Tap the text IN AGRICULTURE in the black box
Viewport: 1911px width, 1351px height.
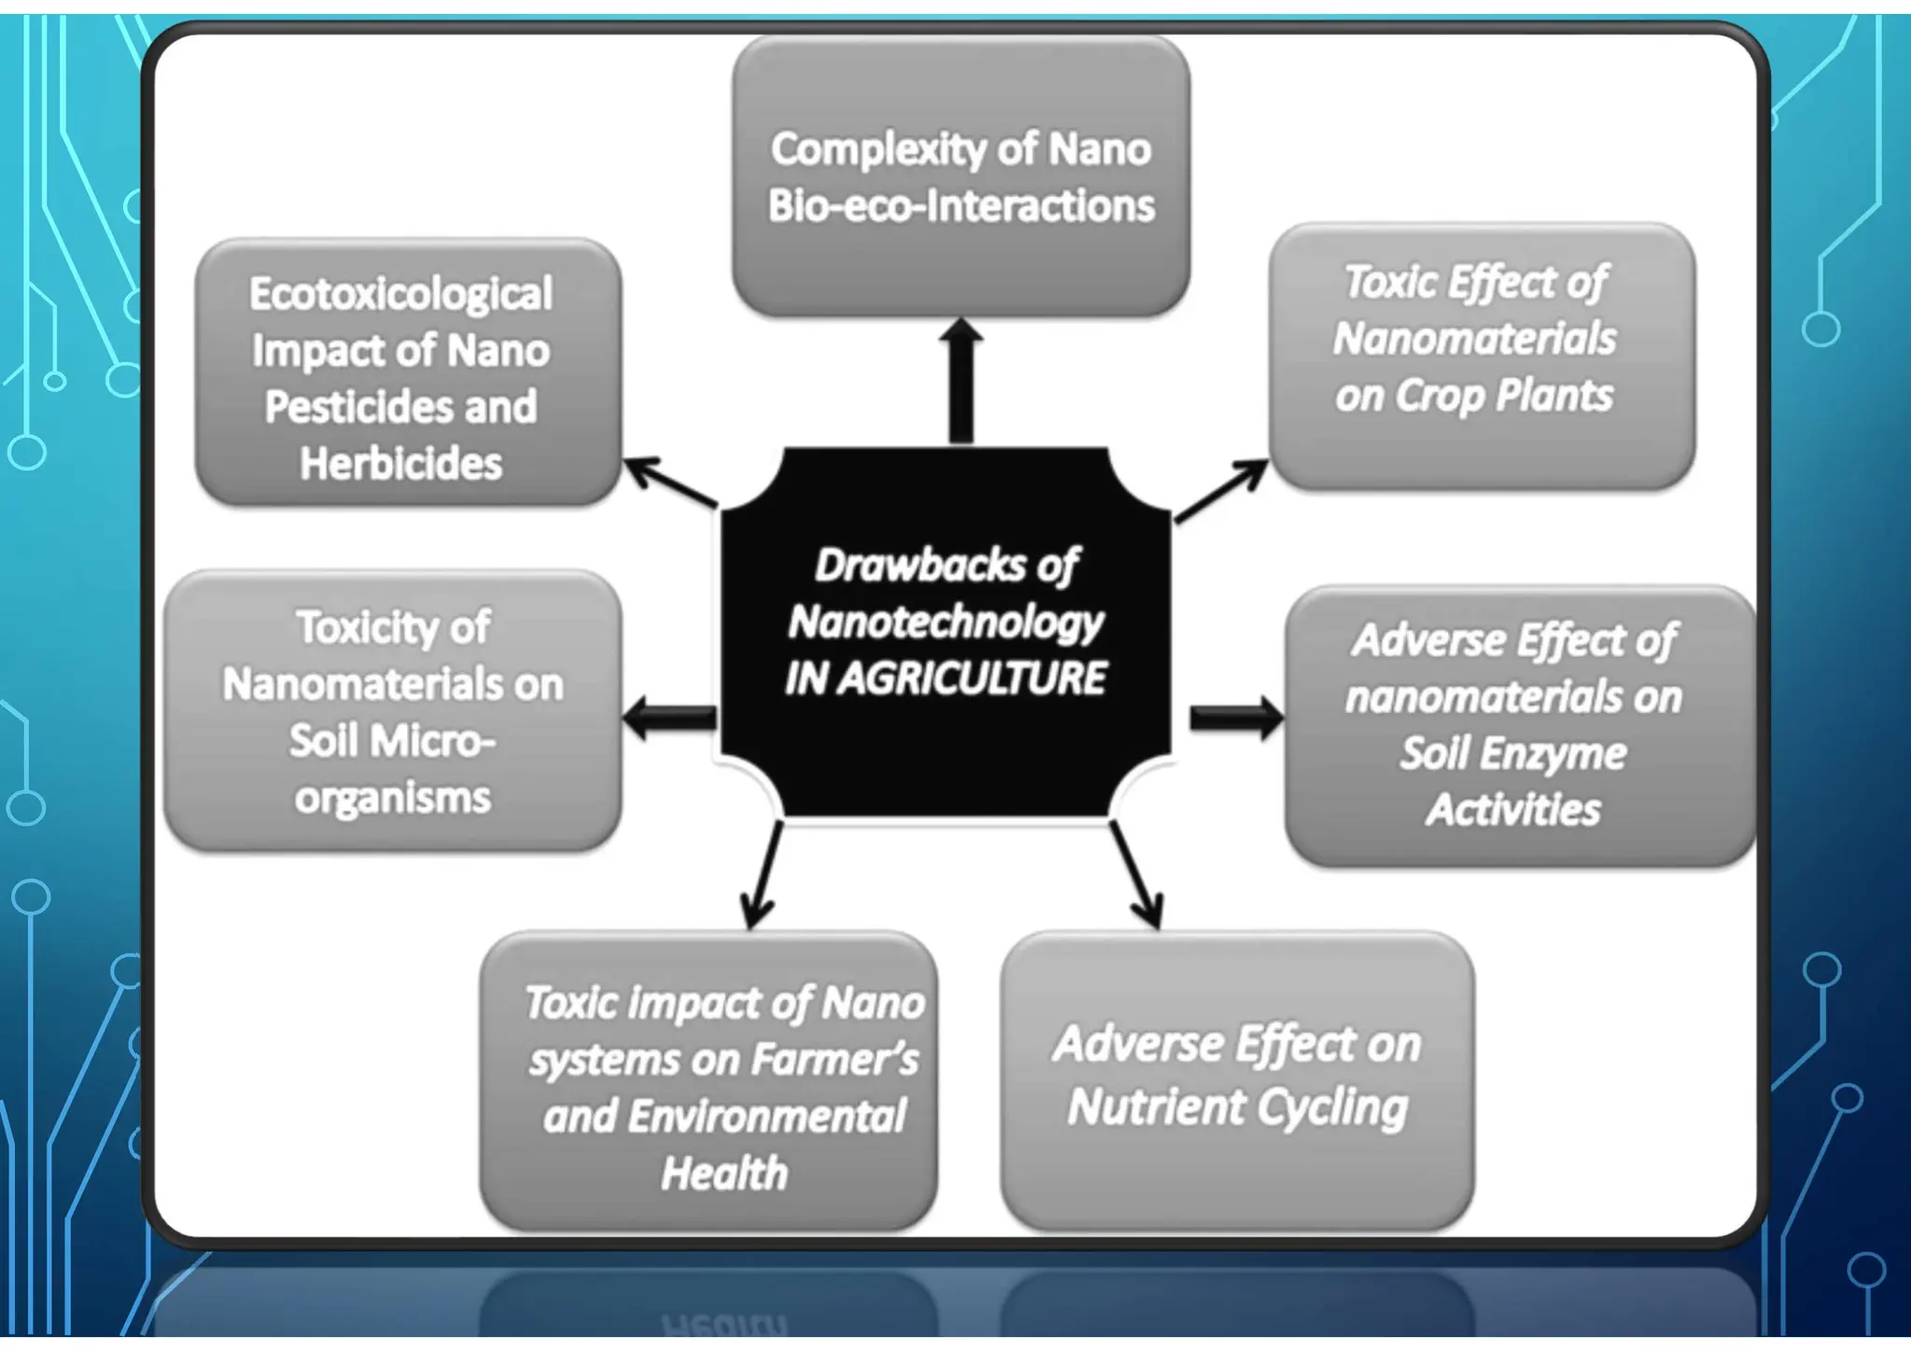(x=944, y=678)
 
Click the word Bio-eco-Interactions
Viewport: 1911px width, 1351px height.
(x=961, y=206)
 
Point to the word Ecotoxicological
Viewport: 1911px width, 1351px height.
(x=400, y=295)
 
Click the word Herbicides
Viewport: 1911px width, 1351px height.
(x=400, y=464)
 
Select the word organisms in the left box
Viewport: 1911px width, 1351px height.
(x=393, y=799)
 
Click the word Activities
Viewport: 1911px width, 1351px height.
(x=1513, y=810)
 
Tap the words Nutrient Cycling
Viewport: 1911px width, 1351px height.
(x=1237, y=1108)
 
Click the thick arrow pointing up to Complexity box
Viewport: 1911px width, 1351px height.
(x=961, y=383)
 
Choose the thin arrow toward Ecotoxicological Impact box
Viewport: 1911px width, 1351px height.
(x=670, y=482)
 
